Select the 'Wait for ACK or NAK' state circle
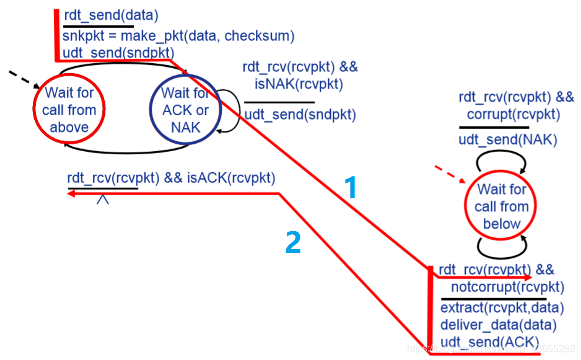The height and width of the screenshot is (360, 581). point(185,111)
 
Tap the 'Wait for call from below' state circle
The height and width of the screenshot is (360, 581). point(502,206)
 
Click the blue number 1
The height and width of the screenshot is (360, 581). point(351,188)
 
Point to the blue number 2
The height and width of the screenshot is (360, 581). point(293,243)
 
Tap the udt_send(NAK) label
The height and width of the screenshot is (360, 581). point(508,139)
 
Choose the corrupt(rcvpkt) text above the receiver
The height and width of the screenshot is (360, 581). point(513,114)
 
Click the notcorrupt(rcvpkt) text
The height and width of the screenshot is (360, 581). point(507,287)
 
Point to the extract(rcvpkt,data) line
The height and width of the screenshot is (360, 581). point(502,308)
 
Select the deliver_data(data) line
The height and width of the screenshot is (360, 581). point(498,325)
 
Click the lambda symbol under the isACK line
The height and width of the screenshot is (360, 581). point(103,199)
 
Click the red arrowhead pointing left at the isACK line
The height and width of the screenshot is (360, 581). point(71,194)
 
